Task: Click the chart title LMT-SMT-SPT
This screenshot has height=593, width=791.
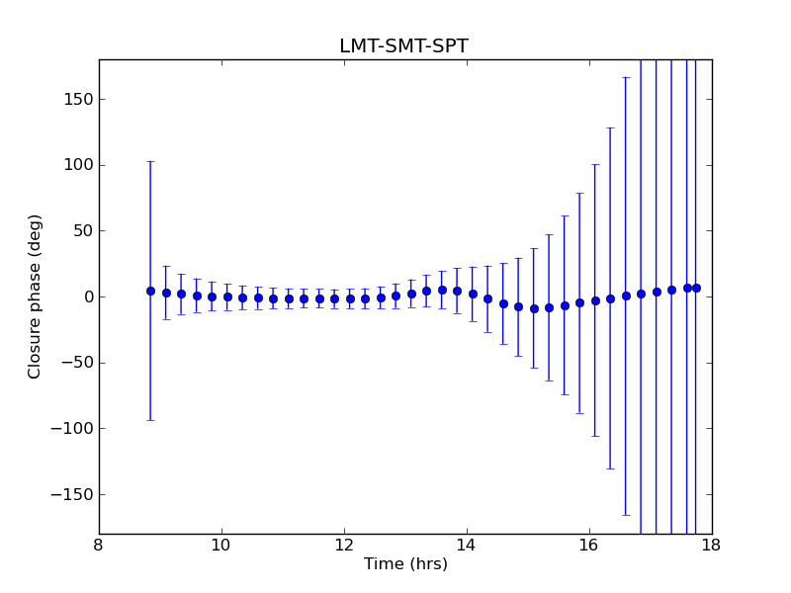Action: [x=403, y=46]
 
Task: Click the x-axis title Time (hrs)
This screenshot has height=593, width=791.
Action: [x=405, y=564]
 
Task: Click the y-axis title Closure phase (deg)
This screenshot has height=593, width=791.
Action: [x=36, y=296]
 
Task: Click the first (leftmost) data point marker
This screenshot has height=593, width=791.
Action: [x=150, y=291]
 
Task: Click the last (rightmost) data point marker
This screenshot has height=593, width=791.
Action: [x=696, y=288]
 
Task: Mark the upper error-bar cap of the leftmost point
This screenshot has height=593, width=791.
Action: [x=150, y=161]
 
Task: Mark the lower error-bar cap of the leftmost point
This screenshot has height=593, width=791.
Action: [x=150, y=420]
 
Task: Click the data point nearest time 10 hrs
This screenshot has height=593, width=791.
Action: [x=227, y=296]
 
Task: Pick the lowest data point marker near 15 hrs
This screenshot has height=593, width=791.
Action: [x=534, y=308]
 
